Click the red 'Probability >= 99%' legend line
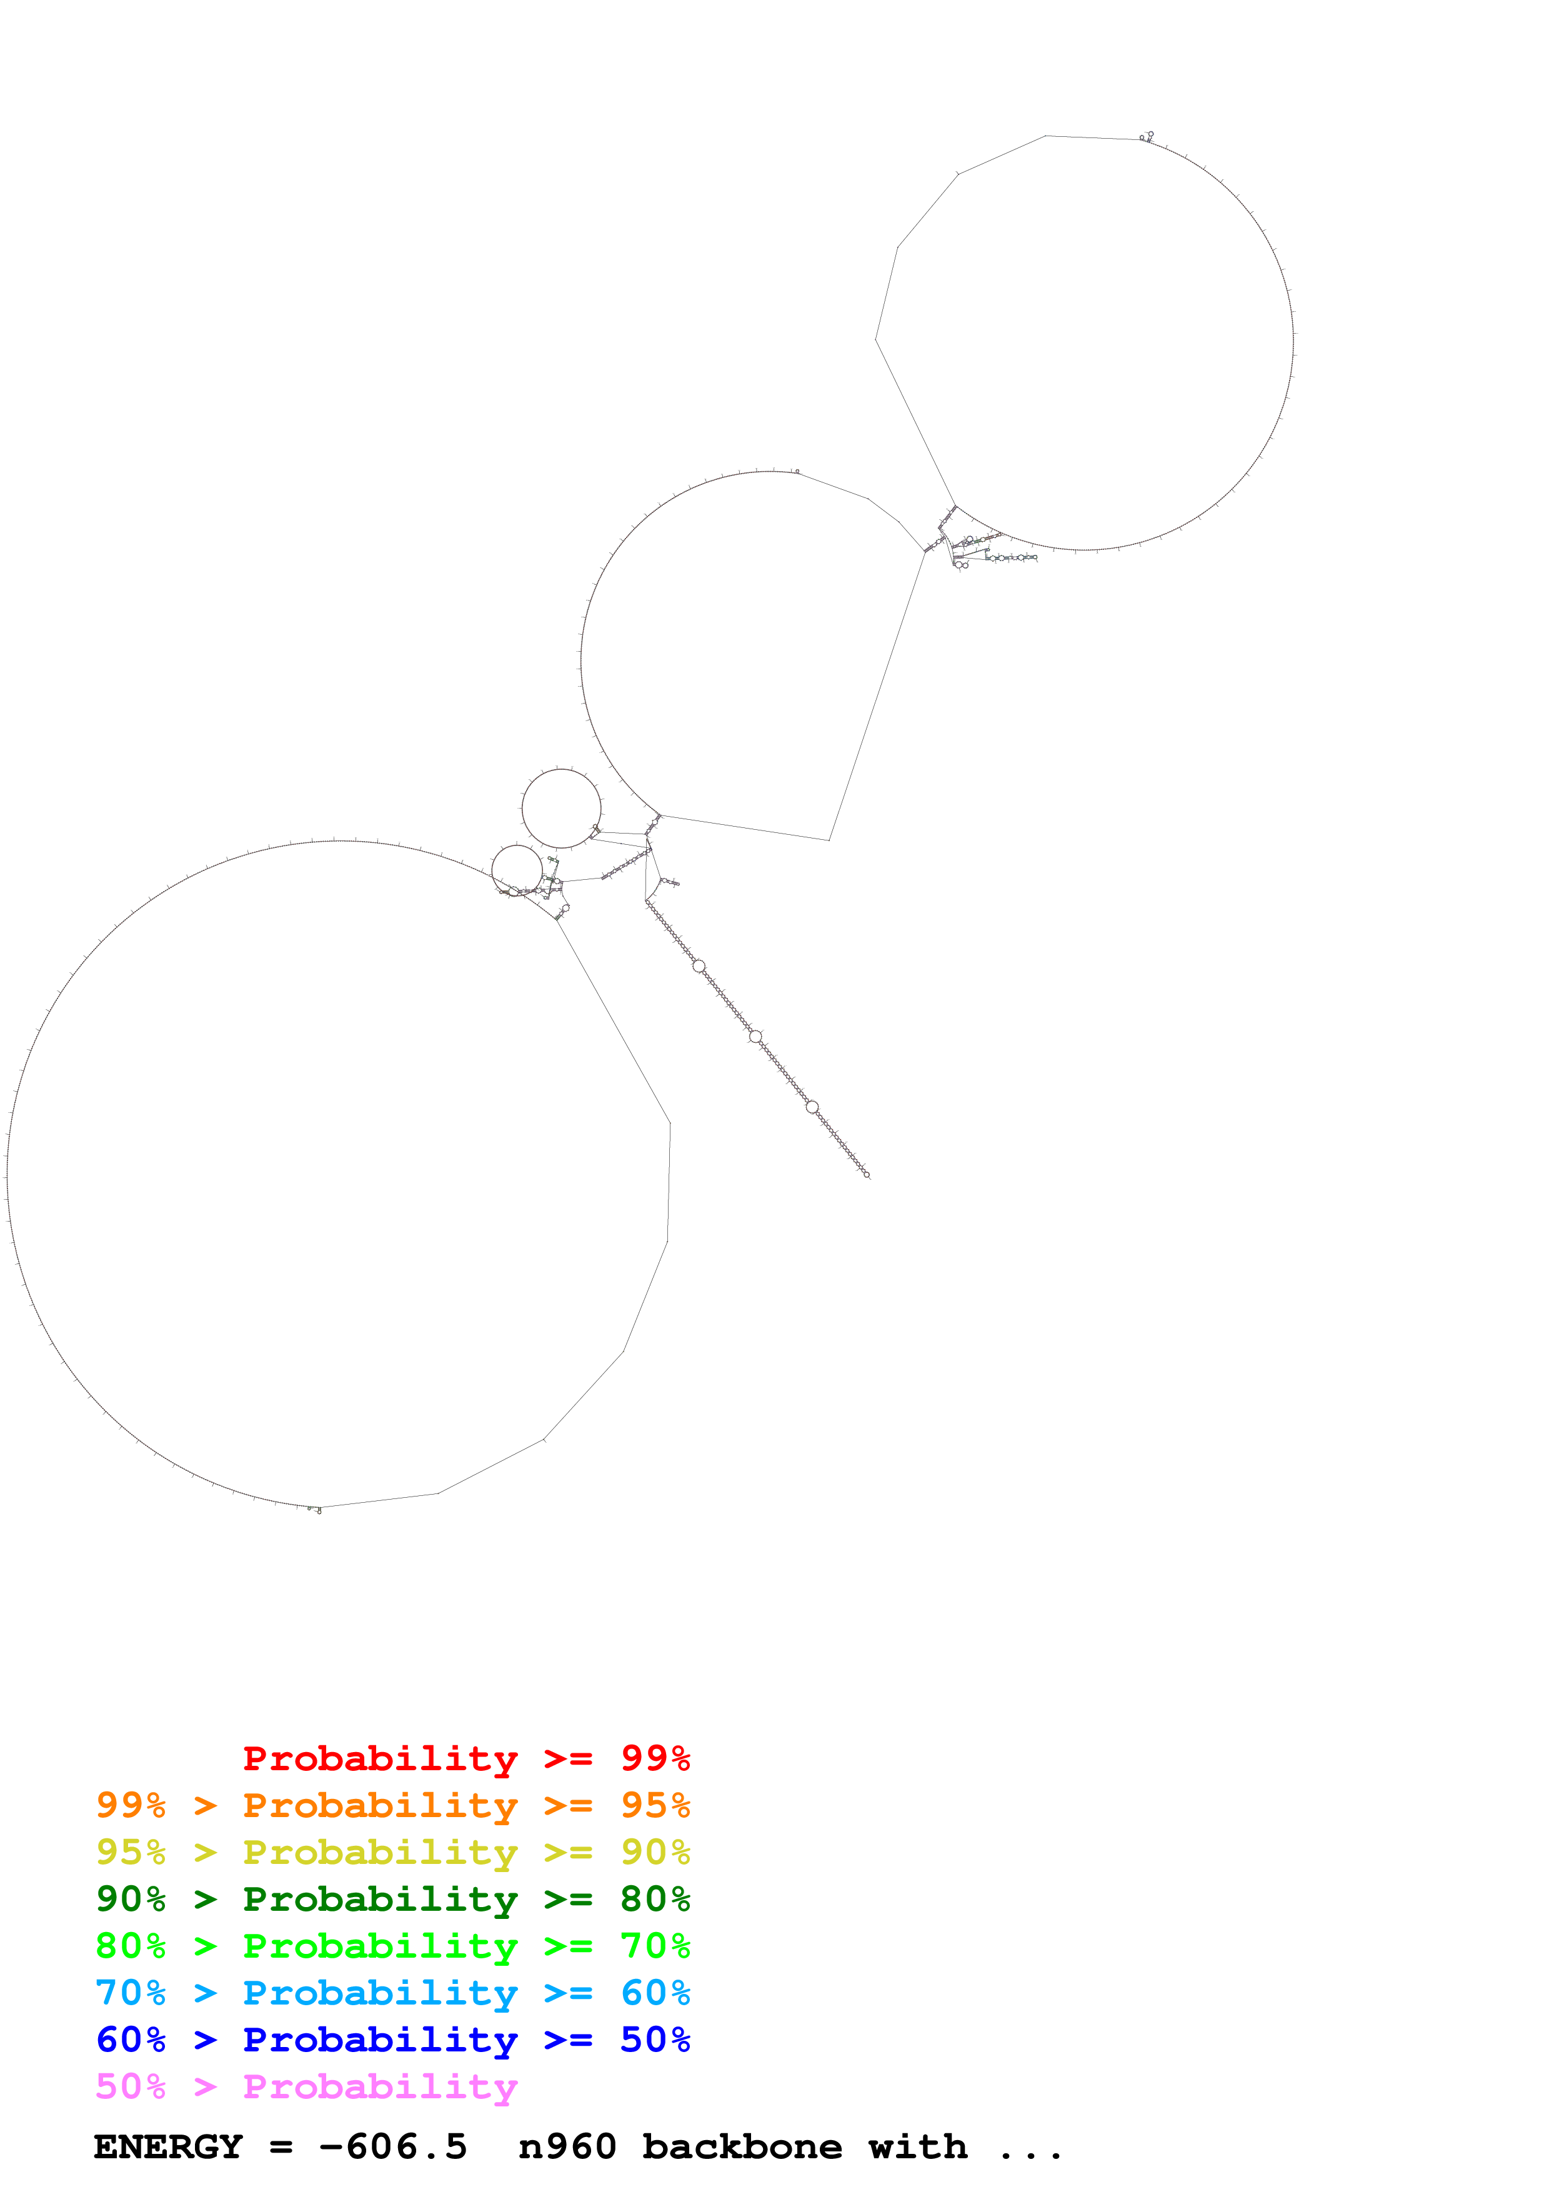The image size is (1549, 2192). [x=466, y=1758]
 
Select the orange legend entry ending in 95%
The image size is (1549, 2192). [x=392, y=1805]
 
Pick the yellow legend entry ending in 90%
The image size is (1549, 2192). [x=392, y=1852]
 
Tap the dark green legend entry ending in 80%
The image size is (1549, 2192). [x=392, y=1899]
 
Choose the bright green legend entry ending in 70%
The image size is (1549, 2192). [x=392, y=1946]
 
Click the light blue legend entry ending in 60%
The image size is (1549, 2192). [x=392, y=1993]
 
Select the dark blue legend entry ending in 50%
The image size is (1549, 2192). [x=392, y=2040]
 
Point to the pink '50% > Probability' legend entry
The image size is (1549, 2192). [x=306, y=2086]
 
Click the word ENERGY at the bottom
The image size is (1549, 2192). [x=168, y=2147]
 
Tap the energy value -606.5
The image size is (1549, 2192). [x=393, y=2147]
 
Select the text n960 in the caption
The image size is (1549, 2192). [x=567, y=2147]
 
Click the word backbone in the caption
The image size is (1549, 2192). [x=742, y=2147]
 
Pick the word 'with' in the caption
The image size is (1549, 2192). [x=917, y=2147]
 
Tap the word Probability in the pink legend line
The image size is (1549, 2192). [x=380, y=2086]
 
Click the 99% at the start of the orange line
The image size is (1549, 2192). [x=131, y=1805]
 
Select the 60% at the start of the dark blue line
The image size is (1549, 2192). [x=131, y=2040]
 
